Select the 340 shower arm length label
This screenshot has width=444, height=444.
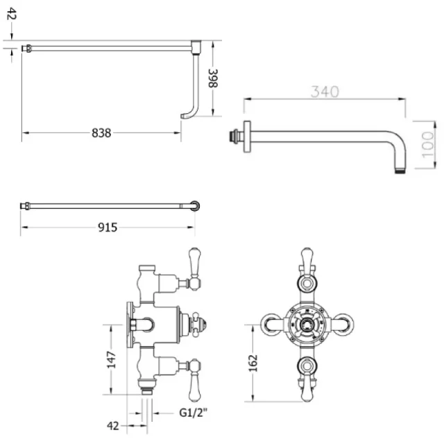324,92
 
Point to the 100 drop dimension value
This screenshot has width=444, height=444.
428,144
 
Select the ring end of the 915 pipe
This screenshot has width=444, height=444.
197,205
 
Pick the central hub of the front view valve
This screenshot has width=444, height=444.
307,325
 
